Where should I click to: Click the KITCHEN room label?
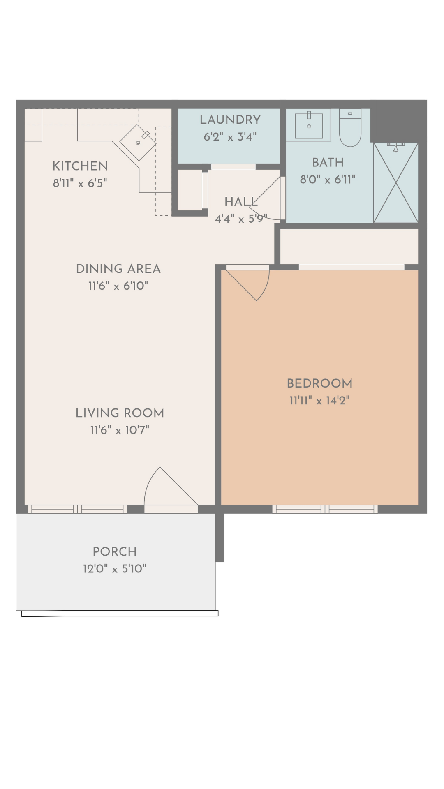80,166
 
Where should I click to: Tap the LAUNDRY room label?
230,120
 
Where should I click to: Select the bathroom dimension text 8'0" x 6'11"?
328,180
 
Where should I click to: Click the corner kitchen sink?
138,142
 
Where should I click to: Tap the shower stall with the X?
395,183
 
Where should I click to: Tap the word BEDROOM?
319,383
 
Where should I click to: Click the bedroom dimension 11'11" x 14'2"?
319,401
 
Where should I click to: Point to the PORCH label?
114,551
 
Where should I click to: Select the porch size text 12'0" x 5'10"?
114,569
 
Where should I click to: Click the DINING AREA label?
118,269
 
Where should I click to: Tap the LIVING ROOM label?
120,413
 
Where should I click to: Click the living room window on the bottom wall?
77,509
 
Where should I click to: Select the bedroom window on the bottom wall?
325,509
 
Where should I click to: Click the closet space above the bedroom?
349,246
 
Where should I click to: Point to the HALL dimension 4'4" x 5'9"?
241,219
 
